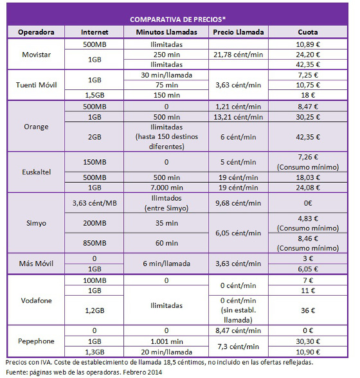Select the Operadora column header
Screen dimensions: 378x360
(x=37, y=32)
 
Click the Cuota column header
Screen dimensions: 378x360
(x=307, y=32)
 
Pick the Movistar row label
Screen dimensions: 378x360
(x=37, y=55)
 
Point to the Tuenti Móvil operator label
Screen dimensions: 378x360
(x=37, y=85)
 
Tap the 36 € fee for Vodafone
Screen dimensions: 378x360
(x=307, y=310)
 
